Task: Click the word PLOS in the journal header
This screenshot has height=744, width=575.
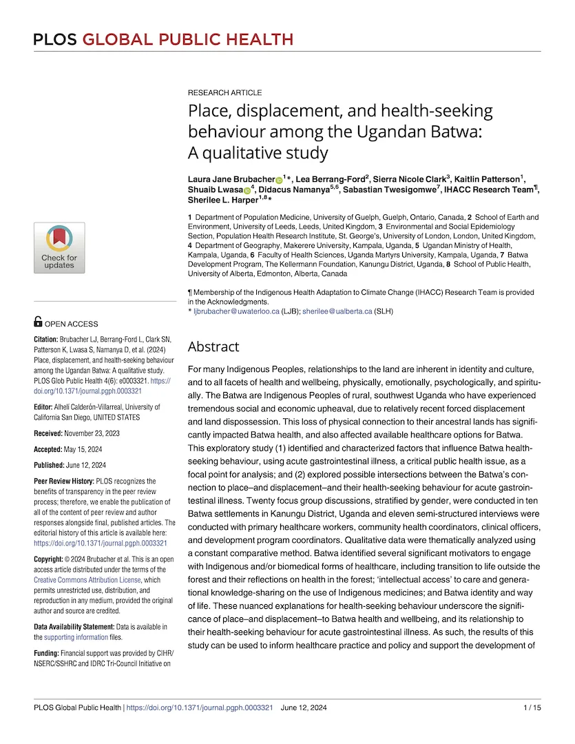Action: tap(54, 39)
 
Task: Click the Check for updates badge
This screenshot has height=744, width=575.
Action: tap(59, 247)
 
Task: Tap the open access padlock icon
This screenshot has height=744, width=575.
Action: tap(38, 321)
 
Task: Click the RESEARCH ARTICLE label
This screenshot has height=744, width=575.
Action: tap(224, 93)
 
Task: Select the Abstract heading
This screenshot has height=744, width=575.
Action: tap(213, 347)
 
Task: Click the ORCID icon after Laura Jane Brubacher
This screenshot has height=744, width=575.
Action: tap(279, 179)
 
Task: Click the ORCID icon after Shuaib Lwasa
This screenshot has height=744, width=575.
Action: tap(247, 189)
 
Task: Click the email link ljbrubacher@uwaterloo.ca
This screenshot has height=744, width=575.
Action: tap(236, 311)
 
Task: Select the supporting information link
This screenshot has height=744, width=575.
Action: tap(76, 637)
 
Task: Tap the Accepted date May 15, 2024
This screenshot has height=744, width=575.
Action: tap(85, 448)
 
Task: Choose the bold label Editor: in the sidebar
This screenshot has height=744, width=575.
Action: tap(48, 407)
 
